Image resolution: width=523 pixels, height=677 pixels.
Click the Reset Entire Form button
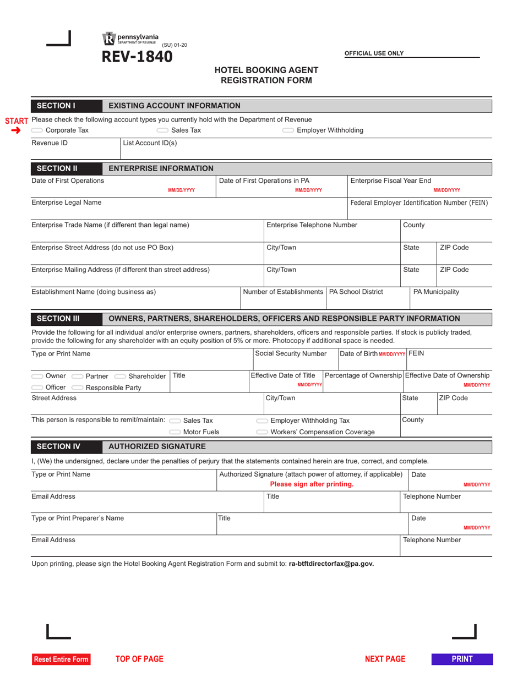point(61,659)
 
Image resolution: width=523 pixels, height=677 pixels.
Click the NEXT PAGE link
point(385,659)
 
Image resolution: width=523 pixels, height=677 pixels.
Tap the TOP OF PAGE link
point(139,659)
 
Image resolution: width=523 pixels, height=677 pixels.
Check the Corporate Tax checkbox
point(37,130)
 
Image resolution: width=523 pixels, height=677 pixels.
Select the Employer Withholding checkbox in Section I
point(288,130)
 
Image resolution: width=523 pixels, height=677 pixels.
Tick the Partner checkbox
point(78,376)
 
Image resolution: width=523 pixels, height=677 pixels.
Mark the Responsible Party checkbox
point(78,387)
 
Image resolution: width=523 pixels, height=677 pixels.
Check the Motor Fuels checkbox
point(175,432)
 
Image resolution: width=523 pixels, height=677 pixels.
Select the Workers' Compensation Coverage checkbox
point(263,432)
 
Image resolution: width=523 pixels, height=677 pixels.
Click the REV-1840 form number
point(136,57)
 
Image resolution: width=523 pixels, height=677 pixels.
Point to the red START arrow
point(15,130)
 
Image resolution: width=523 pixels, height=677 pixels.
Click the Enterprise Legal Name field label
point(67,203)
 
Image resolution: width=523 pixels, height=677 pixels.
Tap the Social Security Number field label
point(291,354)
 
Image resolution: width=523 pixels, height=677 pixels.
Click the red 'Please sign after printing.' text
point(312,484)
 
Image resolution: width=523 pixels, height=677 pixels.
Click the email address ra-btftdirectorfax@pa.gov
point(331,564)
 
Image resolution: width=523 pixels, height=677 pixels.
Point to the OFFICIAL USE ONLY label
point(374,53)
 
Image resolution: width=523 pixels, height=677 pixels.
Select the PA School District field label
point(356,292)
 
